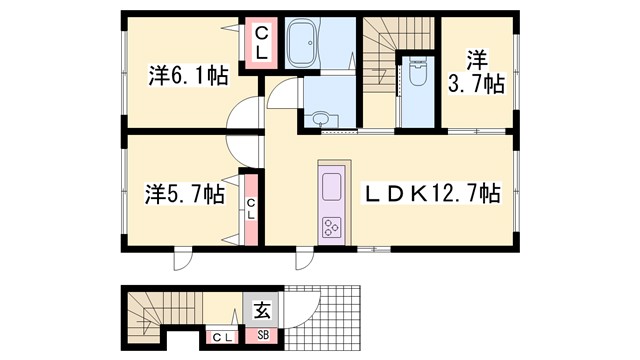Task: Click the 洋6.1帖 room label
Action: (188, 76)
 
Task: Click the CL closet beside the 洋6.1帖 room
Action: (261, 44)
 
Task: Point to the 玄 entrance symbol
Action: (263, 310)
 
